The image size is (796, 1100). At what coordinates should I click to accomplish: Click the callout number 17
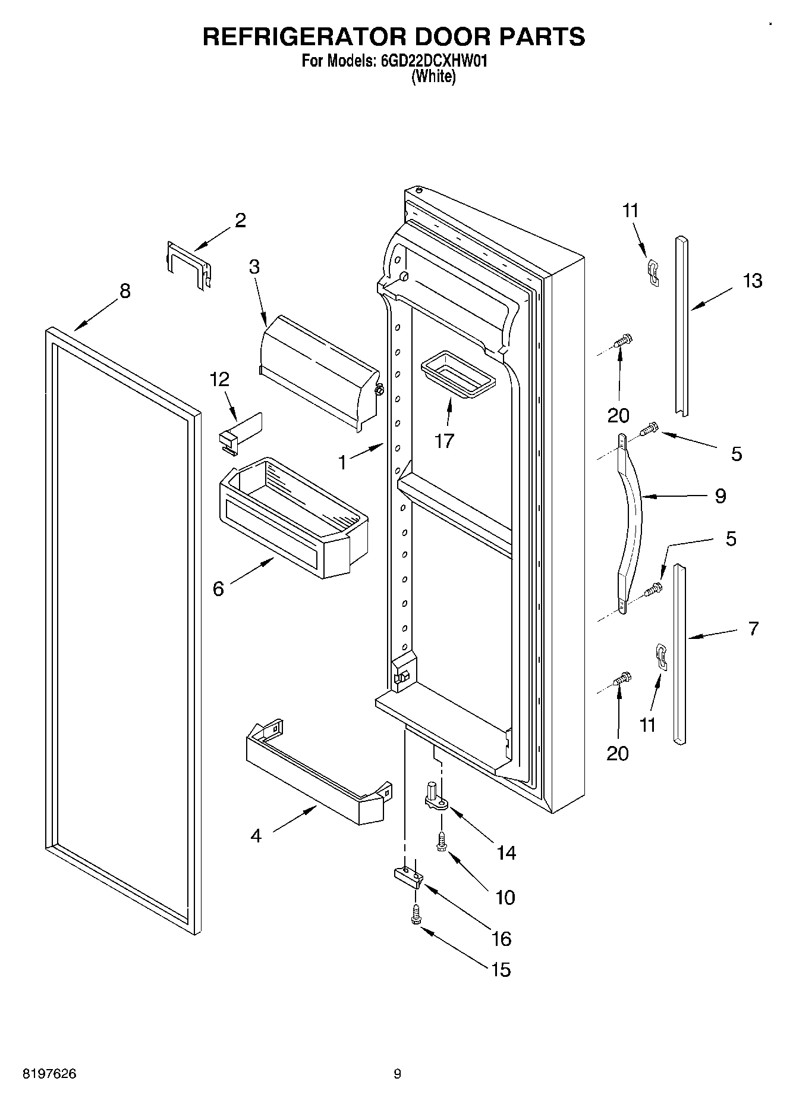444,441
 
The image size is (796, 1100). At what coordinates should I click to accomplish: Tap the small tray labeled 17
457,376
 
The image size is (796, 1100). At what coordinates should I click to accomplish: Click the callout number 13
753,280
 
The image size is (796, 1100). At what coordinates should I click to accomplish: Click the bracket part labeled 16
408,876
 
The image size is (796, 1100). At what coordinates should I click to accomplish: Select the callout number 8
124,291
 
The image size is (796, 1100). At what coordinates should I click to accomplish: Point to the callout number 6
218,589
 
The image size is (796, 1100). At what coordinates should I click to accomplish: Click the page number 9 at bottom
397,1074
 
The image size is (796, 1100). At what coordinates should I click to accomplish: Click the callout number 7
753,628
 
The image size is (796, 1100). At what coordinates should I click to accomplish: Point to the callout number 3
254,267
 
